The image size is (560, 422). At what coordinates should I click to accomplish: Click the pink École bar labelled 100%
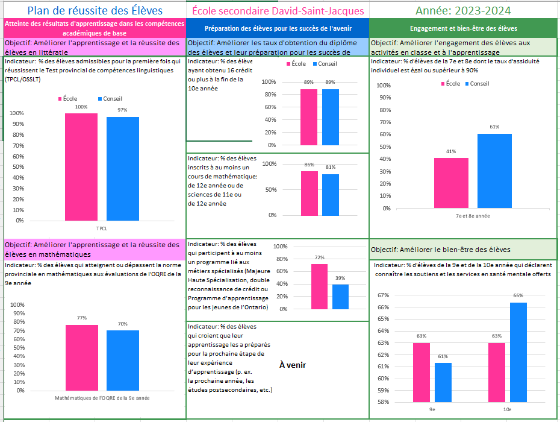coord(81,167)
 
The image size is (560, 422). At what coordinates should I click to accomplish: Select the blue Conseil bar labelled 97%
coord(123,169)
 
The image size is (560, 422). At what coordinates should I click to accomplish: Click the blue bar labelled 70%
coord(123,361)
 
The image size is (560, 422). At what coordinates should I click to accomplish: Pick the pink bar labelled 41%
coord(451,183)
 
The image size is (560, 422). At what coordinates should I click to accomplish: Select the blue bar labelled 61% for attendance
coord(494,171)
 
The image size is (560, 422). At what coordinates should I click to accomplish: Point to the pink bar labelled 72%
coord(319,287)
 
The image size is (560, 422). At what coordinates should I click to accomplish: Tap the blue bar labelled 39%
coord(340,297)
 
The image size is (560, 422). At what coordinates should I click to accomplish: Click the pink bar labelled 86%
coord(310,193)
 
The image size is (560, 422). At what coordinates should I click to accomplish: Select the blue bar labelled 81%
coord(331,195)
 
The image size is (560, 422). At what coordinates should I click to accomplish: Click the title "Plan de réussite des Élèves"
coord(94,10)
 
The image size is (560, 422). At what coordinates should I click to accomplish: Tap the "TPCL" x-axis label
coord(102,228)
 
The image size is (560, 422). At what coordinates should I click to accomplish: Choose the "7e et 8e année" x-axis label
coord(473,216)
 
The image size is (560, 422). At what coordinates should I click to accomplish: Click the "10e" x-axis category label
coord(508,409)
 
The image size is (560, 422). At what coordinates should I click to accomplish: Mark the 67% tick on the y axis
coord(384,295)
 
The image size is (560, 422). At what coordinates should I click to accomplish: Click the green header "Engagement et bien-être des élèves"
coord(463,28)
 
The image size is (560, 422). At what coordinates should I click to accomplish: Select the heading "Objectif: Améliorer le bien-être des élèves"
coord(441,250)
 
